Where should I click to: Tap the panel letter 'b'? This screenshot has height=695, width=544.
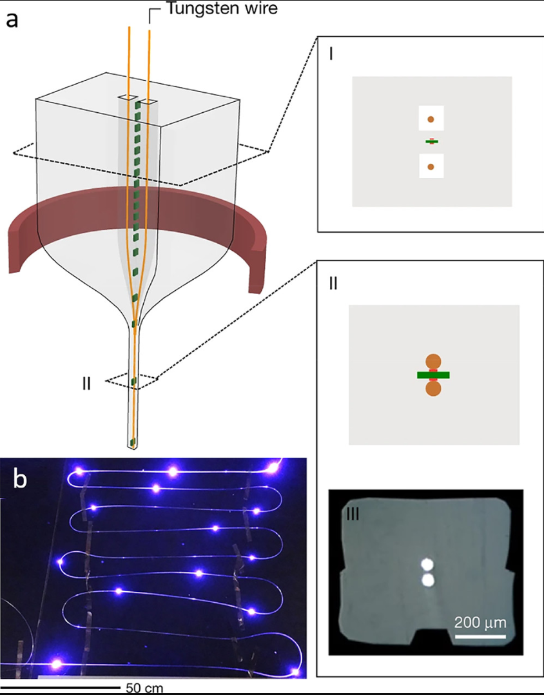pos(21,480)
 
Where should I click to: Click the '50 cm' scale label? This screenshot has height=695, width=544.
pos(144,687)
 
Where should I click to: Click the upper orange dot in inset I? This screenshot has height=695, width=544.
pos(431,119)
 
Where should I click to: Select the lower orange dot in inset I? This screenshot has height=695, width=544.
pos(431,167)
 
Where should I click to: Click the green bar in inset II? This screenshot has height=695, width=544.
pos(433,375)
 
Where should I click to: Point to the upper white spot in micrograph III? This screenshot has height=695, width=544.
pos(426,565)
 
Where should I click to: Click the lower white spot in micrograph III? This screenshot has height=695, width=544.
pos(426,580)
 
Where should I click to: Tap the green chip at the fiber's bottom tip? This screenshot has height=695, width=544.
pos(133,442)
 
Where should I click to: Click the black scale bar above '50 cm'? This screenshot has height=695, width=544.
pos(61,687)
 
